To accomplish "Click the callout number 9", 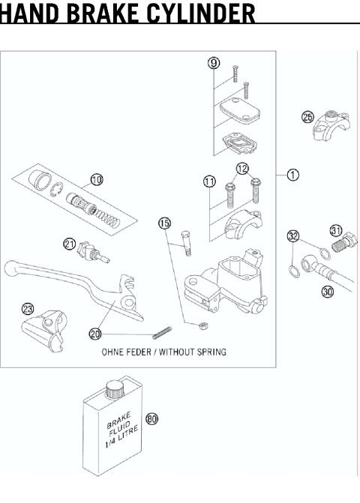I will [x=214, y=63].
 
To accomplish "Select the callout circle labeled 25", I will [x=307, y=116].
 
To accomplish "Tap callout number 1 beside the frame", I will [x=293, y=174].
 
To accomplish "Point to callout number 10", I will [x=97, y=179].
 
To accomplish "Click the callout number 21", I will [x=69, y=243].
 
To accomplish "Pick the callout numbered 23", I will [x=28, y=308].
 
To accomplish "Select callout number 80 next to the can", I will [x=152, y=419].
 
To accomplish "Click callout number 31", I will [x=336, y=230].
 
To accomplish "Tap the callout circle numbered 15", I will [x=164, y=223].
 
